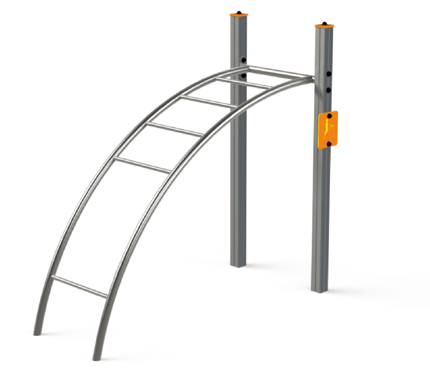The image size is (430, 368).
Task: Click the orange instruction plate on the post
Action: (328, 130)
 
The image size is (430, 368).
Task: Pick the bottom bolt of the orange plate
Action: (329, 144)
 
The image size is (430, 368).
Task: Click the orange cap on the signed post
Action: (324, 26)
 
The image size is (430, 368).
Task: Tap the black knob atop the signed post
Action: (324, 24)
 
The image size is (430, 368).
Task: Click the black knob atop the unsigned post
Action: (239, 12)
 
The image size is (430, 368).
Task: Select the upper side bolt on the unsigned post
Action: (244, 60)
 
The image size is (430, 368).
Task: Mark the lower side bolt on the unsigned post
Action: (244, 76)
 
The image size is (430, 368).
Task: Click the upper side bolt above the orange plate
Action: (329, 74)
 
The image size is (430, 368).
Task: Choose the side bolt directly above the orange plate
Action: (328, 90)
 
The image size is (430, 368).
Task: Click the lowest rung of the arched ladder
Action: (80, 287)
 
